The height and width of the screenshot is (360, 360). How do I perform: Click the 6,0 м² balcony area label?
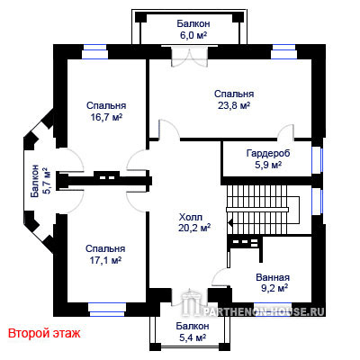click(x=193, y=35)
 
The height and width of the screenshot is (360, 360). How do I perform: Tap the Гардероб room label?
click(x=268, y=153)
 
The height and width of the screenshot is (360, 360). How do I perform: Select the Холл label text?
click(x=191, y=217)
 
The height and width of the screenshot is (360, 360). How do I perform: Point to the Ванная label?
click(x=273, y=277)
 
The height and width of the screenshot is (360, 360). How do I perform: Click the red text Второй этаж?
click(x=44, y=333)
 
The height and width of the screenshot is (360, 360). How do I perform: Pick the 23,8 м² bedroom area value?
click(x=234, y=105)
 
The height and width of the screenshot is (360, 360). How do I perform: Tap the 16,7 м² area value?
click(x=106, y=117)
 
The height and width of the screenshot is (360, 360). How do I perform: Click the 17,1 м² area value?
click(x=105, y=260)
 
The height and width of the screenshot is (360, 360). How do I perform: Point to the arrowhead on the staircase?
click(x=230, y=223)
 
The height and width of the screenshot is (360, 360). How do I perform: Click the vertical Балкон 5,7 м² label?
click(x=40, y=181)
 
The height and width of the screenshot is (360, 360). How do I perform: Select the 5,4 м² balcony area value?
click(x=193, y=337)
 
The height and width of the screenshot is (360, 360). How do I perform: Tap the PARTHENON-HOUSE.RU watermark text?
click(x=264, y=312)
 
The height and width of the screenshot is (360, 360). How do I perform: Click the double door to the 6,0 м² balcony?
click(x=189, y=56)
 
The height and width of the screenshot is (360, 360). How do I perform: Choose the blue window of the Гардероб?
click(x=317, y=160)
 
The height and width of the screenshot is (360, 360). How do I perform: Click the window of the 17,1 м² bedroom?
click(x=107, y=310)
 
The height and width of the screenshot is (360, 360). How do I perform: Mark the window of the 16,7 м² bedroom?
click(x=95, y=52)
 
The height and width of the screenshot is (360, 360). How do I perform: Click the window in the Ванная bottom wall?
click(x=273, y=304)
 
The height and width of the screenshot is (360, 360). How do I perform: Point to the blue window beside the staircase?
click(x=317, y=202)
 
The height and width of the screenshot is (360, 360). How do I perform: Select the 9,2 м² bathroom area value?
click(x=274, y=289)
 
